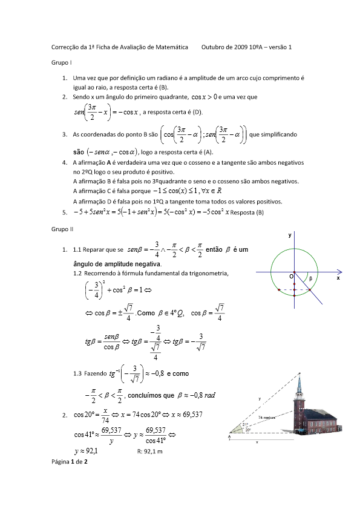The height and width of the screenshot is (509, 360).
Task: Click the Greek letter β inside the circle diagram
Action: (311, 279)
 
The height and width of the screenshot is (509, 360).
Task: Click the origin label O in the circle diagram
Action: (291, 276)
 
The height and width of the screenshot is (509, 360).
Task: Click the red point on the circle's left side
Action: (279, 290)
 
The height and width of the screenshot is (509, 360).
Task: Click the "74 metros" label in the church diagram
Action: (267, 418)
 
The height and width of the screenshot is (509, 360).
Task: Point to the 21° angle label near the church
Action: (246, 424)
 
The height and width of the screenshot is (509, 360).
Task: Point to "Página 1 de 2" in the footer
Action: (70, 462)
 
